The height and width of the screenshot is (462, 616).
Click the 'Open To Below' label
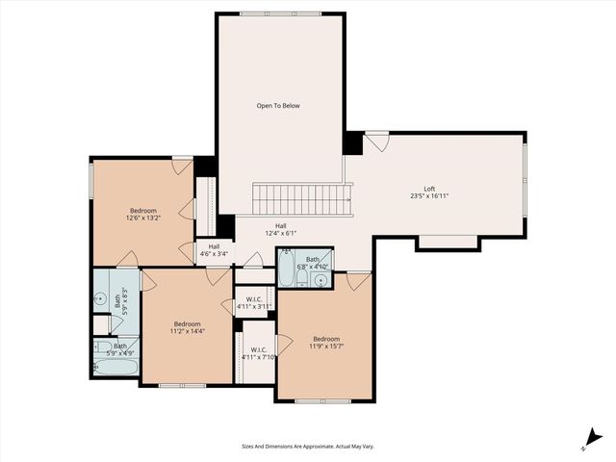[278, 105]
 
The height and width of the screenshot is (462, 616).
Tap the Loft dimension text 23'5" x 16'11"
[428, 196]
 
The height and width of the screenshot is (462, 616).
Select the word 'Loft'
[429, 188]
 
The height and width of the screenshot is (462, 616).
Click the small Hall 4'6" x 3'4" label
[214, 250]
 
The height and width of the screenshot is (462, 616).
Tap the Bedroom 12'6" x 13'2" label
[143, 214]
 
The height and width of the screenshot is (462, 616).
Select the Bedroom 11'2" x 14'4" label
[187, 327]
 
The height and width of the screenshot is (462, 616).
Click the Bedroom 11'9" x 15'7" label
[325, 343]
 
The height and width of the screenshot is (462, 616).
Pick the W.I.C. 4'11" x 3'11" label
[255, 303]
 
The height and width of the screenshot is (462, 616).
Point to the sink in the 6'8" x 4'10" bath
[321, 280]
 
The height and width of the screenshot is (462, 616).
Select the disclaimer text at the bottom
[307, 446]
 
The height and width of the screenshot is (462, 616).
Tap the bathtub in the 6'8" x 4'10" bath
[286, 269]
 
